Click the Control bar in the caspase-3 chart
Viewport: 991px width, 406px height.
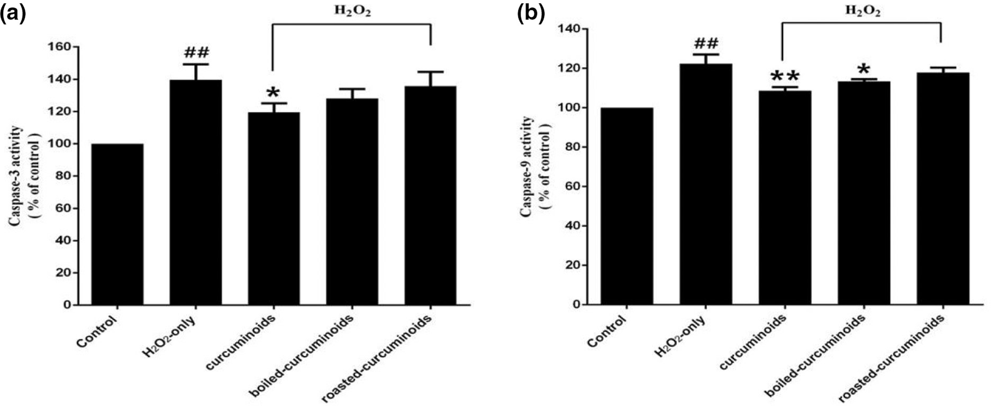tap(117, 224)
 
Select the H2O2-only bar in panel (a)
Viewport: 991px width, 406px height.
tap(196, 192)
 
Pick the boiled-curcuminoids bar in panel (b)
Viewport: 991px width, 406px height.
tap(864, 193)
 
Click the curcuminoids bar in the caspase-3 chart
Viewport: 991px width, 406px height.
tap(274, 208)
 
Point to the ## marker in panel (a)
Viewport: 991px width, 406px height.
tap(196, 53)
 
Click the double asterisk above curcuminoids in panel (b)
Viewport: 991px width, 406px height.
tap(785, 77)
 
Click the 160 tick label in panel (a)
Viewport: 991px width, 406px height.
tap(60, 47)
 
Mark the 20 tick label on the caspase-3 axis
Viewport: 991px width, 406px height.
tap(63, 273)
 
